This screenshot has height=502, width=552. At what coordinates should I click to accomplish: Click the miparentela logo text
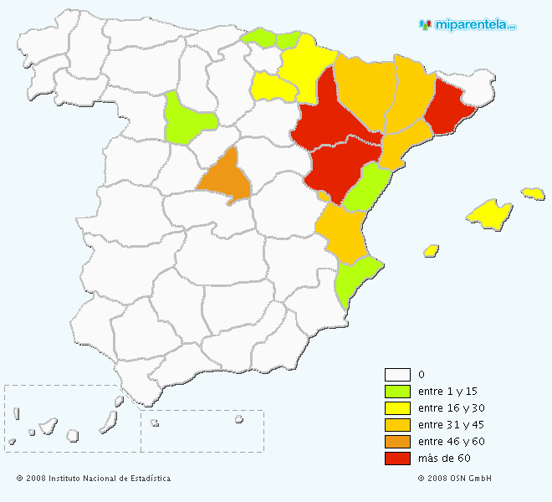pyautogui.click(x=473, y=25)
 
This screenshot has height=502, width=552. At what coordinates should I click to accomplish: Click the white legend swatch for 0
pyautogui.click(x=397, y=374)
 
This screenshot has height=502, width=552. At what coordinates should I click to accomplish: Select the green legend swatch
pyautogui.click(x=397, y=391)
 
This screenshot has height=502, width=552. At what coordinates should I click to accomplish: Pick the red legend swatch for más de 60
pyautogui.click(x=397, y=458)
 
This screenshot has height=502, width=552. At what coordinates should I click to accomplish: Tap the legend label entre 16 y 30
pyautogui.click(x=451, y=407)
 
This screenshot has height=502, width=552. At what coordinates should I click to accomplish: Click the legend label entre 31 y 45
pyautogui.click(x=451, y=424)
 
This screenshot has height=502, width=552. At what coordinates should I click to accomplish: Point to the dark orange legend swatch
pyautogui.click(x=397, y=441)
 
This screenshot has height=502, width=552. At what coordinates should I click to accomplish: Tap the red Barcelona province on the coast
pyautogui.click(x=447, y=109)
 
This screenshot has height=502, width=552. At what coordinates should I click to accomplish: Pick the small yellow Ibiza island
pyautogui.click(x=432, y=250)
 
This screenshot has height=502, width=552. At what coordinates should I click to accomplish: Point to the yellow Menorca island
pyautogui.click(x=533, y=193)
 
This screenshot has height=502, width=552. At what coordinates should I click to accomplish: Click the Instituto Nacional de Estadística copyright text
pyautogui.click(x=93, y=479)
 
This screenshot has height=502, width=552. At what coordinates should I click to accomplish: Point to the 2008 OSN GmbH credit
pyautogui.click(x=454, y=479)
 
